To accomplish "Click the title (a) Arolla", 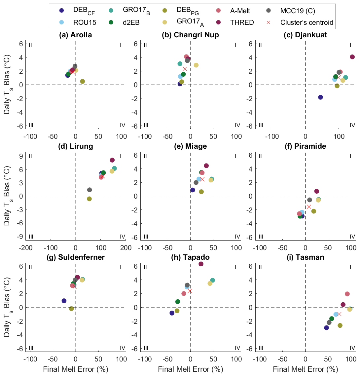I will [75, 35].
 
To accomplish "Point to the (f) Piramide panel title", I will [306, 146].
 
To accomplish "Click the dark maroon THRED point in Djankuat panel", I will [352, 57].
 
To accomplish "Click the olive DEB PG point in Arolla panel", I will [83, 81].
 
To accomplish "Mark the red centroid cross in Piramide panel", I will [309, 207].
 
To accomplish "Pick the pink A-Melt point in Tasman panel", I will [347, 294].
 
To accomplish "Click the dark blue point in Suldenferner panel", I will [64, 301].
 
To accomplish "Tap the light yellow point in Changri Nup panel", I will [196, 65].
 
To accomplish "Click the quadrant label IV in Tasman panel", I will [352, 348].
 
